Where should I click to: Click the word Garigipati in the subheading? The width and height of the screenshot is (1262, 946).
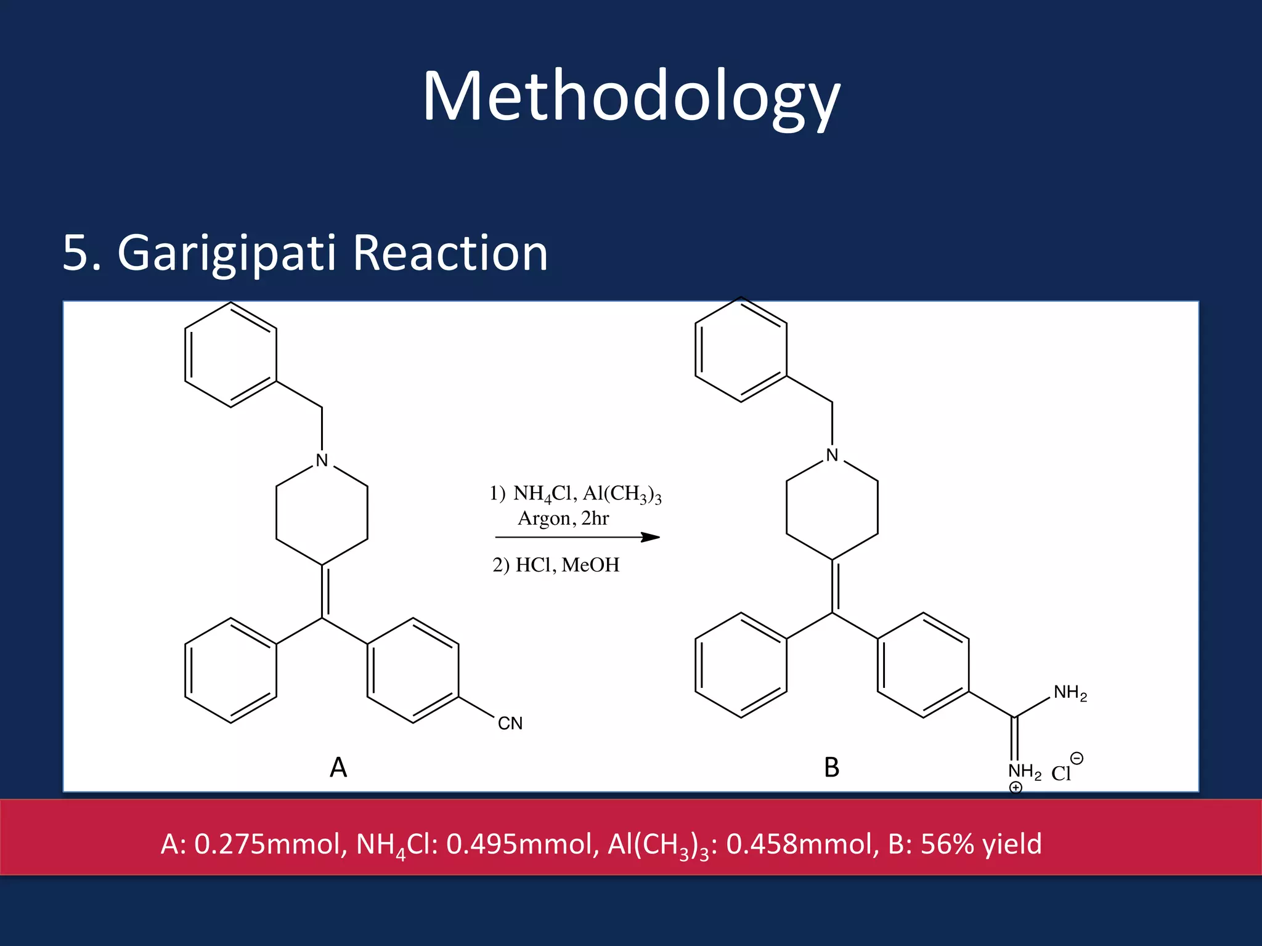click(x=226, y=253)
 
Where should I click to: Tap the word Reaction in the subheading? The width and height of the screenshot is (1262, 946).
click(x=450, y=253)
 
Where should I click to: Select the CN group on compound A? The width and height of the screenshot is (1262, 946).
click(x=510, y=723)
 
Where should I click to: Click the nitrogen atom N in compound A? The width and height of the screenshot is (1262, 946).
click(x=322, y=460)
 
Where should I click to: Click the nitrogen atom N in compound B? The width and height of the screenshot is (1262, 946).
click(x=832, y=455)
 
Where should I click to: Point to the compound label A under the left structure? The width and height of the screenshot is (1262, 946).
click(x=338, y=767)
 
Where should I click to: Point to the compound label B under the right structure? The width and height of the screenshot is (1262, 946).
click(x=832, y=767)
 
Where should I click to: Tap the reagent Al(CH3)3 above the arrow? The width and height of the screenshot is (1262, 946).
click(x=622, y=494)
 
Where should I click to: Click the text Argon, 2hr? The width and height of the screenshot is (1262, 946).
click(x=563, y=519)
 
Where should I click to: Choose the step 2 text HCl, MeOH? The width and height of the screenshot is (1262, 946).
click(x=567, y=565)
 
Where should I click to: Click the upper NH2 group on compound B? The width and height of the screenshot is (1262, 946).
click(x=1070, y=693)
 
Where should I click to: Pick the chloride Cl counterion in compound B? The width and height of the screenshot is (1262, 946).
click(x=1061, y=774)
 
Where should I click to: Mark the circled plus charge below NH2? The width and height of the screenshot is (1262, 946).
click(x=1016, y=787)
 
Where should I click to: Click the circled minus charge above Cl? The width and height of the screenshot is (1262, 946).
click(x=1077, y=758)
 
